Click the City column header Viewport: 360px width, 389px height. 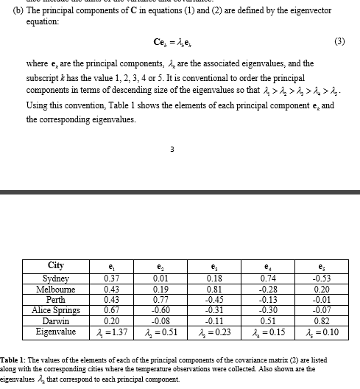pos(55,266)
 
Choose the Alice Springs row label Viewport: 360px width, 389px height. pos(55,310)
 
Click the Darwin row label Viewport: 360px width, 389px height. pos(55,320)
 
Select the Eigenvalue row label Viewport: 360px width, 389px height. pos(55,332)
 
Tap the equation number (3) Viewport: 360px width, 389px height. pos(339,41)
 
